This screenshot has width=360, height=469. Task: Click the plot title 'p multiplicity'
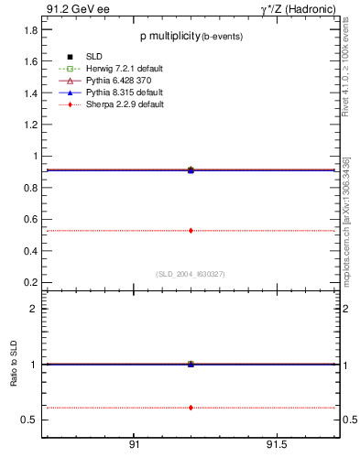[x=169, y=37]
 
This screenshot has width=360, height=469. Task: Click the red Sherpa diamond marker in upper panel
[x=191, y=230]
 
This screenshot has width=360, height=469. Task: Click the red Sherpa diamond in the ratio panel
[x=191, y=407]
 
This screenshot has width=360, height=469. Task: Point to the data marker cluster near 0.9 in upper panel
[x=191, y=170]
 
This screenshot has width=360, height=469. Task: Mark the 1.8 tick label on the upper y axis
[x=30, y=29]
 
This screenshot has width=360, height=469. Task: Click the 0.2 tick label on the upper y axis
[x=30, y=281]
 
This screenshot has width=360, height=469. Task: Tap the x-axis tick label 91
[x=134, y=444]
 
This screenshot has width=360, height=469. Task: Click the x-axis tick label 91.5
[x=276, y=444]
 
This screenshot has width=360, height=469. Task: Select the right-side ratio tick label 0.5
[x=347, y=420]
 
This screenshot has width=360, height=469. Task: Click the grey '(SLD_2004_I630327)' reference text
[x=191, y=274]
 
